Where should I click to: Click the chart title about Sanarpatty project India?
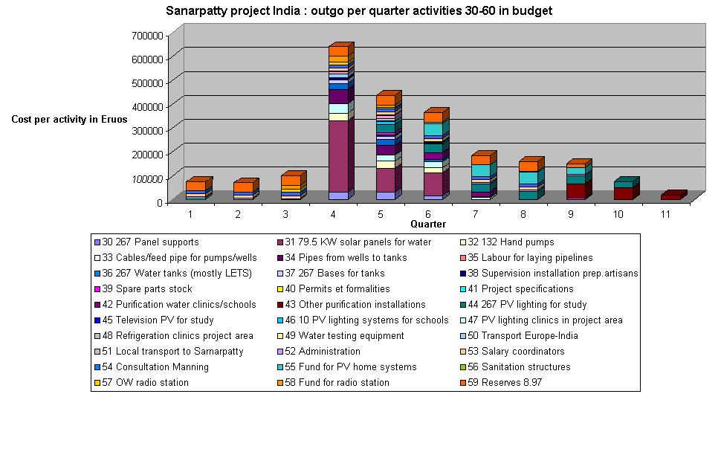pos(358,11)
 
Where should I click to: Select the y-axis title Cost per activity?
pos(69,119)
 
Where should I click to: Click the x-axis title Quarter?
pos(428,224)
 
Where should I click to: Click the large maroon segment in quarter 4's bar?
pos(338,156)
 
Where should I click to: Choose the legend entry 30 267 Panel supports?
pos(146,242)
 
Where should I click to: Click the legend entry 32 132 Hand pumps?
pos(511,242)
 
